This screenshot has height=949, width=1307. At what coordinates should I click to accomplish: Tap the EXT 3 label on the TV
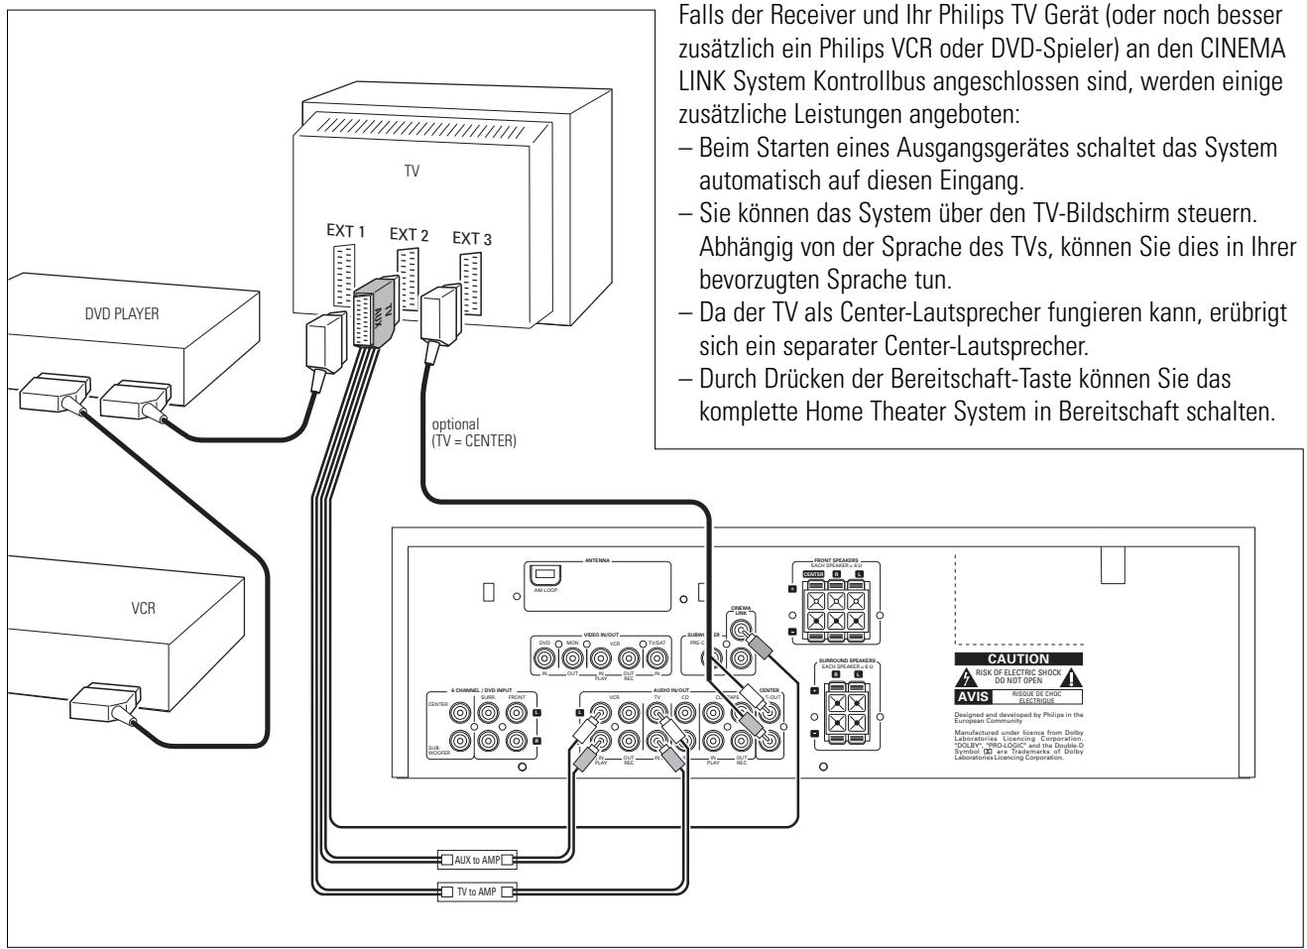pos(471,239)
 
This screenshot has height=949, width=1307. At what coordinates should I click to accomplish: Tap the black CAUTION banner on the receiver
pos(1017,657)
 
